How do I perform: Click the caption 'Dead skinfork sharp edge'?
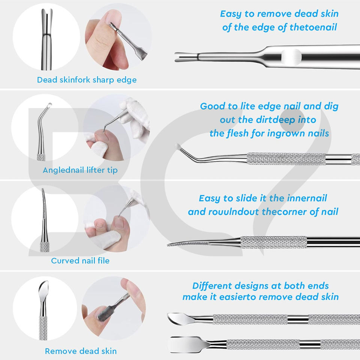tap(87, 80)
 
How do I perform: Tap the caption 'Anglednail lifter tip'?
tap(80, 170)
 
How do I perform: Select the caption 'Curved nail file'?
tap(80, 261)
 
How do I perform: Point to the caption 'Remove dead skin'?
tap(81, 351)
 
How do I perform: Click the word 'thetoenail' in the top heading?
tap(313, 27)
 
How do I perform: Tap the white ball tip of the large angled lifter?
tap(177, 146)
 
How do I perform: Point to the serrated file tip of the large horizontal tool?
tap(188, 244)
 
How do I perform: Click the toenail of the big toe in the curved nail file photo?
tap(119, 222)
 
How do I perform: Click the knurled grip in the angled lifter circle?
tap(41, 157)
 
